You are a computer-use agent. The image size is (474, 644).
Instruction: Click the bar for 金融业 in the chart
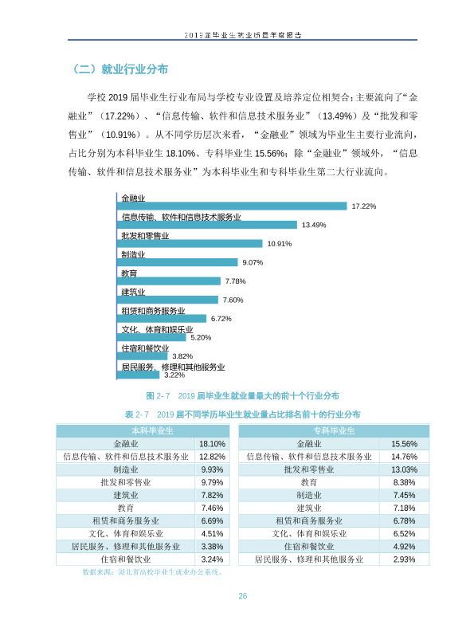(232, 206)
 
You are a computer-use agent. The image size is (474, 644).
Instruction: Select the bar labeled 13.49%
(207, 225)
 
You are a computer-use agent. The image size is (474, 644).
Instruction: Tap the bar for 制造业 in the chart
(178, 262)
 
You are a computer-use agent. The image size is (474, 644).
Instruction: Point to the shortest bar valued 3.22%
(138, 375)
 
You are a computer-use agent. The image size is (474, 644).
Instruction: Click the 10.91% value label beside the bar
(280, 244)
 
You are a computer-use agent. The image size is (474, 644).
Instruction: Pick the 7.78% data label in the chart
(236, 281)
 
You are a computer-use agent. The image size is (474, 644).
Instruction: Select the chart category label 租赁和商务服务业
(153, 311)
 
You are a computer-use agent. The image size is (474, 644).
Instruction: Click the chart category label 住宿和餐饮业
(145, 348)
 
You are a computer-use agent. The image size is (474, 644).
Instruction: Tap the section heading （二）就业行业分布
(119, 69)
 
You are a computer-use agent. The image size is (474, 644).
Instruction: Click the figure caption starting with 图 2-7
(242, 396)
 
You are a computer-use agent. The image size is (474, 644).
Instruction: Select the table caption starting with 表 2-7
(242, 414)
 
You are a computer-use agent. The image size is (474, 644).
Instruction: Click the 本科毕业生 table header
(152, 431)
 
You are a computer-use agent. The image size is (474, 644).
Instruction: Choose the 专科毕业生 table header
(334, 431)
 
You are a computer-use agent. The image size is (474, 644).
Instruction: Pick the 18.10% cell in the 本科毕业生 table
(212, 444)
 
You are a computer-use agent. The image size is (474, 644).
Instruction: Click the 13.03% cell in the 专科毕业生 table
(404, 469)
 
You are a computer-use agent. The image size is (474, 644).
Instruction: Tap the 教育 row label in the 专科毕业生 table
(309, 482)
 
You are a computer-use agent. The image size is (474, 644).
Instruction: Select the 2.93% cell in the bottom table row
(404, 560)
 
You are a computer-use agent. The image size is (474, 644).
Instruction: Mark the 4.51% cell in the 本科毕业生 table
(212, 533)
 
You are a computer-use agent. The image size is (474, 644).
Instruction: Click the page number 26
(242, 596)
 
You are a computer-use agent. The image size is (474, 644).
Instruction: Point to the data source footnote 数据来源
(152, 572)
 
